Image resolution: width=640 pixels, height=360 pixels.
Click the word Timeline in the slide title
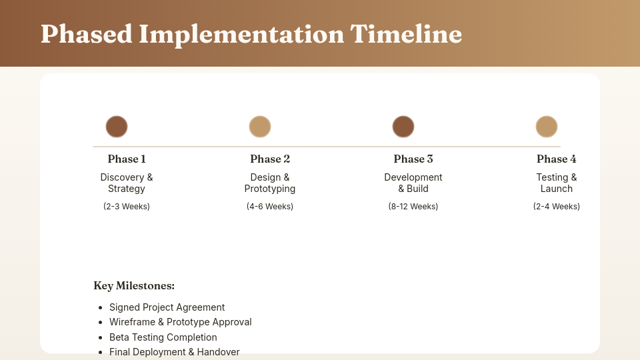point(406,34)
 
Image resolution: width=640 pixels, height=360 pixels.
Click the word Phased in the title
point(86,34)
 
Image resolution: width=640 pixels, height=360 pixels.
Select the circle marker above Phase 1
point(117,127)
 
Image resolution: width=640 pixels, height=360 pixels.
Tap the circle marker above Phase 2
point(260,127)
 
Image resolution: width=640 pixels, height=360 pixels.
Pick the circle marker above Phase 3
point(403,127)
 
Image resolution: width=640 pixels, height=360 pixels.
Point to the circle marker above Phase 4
point(547,127)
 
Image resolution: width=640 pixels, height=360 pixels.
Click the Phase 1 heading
point(127,159)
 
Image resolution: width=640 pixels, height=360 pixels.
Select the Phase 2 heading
point(270,159)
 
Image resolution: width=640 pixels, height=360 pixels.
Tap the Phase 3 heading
point(413,159)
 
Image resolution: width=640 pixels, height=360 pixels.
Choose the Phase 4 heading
point(557,159)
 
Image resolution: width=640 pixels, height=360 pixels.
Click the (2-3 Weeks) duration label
point(127,207)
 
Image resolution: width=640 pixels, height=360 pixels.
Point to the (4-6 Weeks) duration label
point(270,207)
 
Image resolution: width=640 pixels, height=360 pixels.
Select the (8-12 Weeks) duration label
point(413,207)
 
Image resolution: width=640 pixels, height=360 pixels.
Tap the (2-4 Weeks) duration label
point(557,207)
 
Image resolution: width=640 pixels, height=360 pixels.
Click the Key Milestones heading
point(134,286)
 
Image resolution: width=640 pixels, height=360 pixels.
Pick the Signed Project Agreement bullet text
point(167,307)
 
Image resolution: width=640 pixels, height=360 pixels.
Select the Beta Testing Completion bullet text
point(163,337)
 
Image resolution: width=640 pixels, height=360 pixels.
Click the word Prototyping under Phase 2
point(270,189)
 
